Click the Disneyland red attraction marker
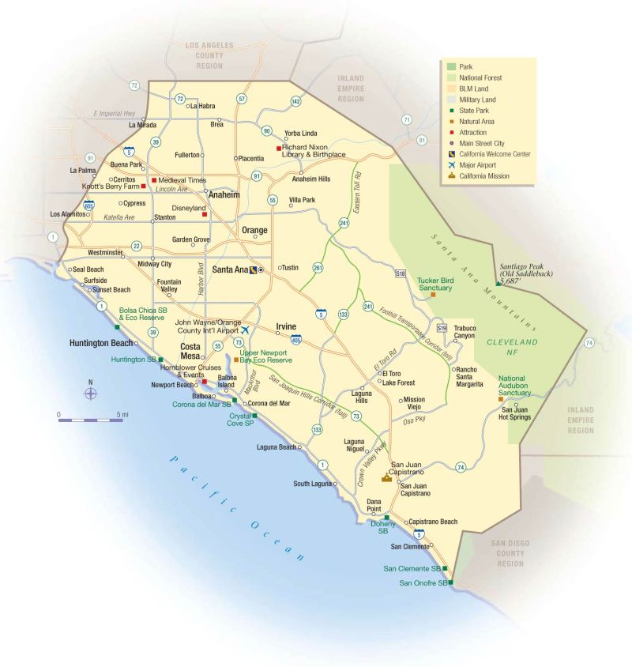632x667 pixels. [204, 214]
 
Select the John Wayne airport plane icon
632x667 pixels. [246, 329]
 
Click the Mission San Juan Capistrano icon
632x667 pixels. [386, 477]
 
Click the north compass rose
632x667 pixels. [92, 393]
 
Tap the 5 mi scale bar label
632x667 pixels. [122, 414]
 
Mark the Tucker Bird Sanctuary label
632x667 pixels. [434, 284]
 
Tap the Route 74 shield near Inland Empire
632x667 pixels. [589, 343]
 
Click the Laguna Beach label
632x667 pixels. [276, 447]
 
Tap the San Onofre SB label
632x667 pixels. [423, 583]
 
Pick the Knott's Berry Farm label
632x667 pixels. [111, 187]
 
